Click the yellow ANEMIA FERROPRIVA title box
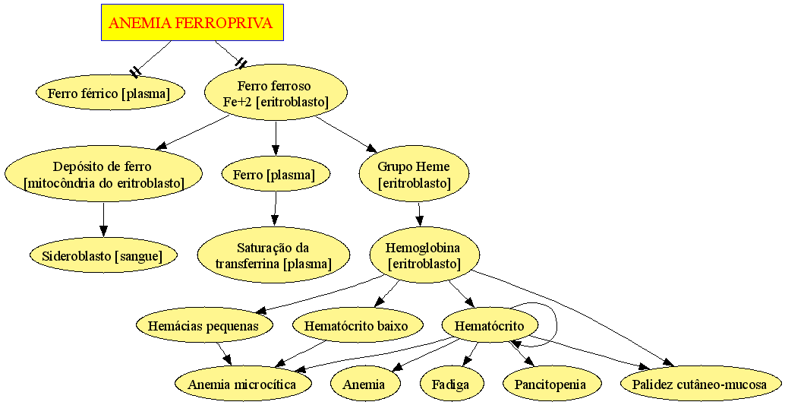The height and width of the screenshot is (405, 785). coord(192,22)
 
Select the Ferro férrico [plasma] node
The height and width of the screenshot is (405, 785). coord(110,93)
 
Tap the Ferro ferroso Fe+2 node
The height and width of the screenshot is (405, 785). coord(276,93)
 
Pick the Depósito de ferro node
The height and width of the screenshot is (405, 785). coord(103,173)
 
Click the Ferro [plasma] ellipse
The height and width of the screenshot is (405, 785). coord(276,175)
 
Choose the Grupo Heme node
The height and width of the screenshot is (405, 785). coord(414,174)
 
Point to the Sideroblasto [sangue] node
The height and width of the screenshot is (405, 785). coord(103,255)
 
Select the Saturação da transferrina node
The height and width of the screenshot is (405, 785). coord(273,255)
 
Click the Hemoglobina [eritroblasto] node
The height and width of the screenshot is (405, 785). coord(424,255)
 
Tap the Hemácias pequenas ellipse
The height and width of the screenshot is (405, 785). coord(204,325)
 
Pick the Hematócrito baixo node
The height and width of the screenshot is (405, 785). coord(357,325)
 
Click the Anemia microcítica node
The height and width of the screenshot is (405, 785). coord(243,384)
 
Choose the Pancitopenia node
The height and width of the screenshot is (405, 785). coord(550,384)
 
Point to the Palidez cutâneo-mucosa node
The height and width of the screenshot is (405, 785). coord(699,384)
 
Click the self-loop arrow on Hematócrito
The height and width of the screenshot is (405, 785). coord(556,321)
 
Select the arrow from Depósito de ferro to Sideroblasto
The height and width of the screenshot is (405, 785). coord(104,220)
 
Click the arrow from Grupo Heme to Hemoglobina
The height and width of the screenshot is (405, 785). coord(420,214)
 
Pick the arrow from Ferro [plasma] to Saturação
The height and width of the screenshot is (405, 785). coord(275,209)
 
